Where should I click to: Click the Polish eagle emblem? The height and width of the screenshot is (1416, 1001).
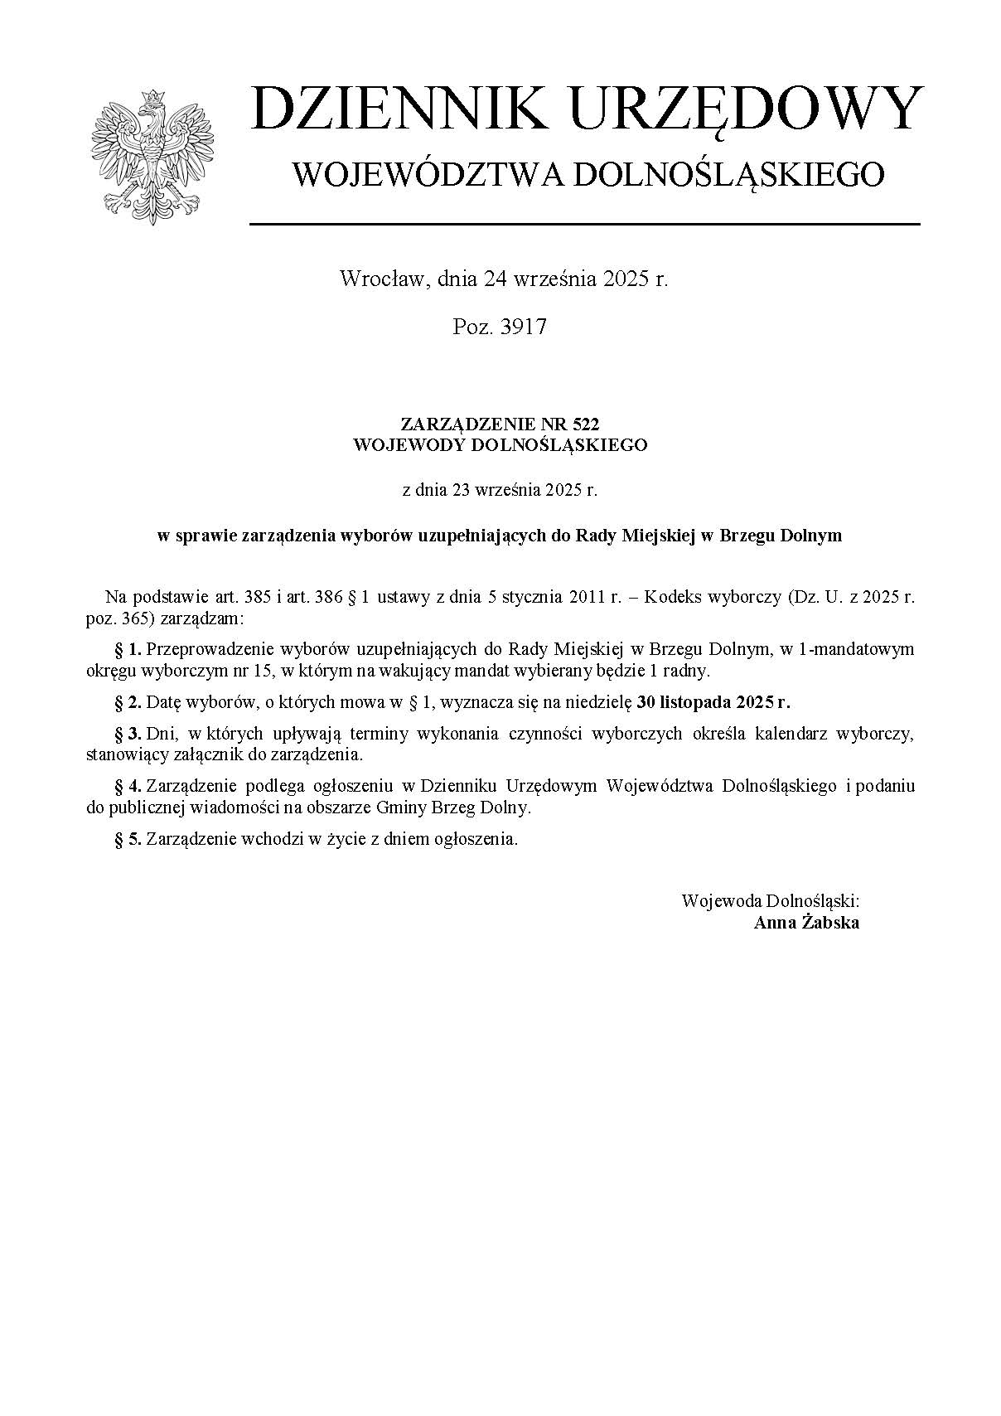(x=152, y=154)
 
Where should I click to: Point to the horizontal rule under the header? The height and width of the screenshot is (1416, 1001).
(x=585, y=224)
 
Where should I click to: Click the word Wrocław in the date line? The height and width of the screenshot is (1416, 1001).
(x=381, y=279)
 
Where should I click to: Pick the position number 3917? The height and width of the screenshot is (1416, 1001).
(x=524, y=327)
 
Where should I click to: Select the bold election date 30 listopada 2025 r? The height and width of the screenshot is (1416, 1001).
(x=713, y=703)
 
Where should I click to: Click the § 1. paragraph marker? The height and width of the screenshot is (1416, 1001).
(x=128, y=649)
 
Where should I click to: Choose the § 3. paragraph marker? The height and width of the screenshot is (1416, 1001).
(x=128, y=735)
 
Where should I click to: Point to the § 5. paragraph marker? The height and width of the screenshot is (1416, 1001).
(x=128, y=839)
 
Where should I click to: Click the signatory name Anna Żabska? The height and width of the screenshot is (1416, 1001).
(x=806, y=923)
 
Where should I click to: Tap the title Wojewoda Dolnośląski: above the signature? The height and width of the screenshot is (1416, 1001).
(x=770, y=901)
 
